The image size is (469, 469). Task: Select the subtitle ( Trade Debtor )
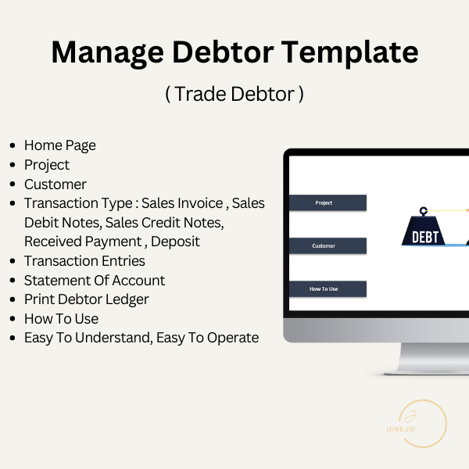click(x=234, y=94)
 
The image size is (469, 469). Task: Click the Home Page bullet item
click(x=60, y=145)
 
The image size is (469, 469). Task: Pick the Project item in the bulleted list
click(x=47, y=165)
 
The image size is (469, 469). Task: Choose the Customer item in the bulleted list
click(x=55, y=184)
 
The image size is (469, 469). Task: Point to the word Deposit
click(x=176, y=242)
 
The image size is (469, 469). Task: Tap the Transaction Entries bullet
click(x=84, y=261)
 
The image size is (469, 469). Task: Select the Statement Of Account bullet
click(x=95, y=280)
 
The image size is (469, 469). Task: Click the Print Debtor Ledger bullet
click(x=86, y=299)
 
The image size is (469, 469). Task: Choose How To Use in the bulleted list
click(x=61, y=319)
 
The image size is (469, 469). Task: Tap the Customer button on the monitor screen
click(x=324, y=246)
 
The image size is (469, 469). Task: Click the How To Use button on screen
click(x=324, y=289)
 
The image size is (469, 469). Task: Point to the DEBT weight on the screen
click(x=425, y=234)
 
